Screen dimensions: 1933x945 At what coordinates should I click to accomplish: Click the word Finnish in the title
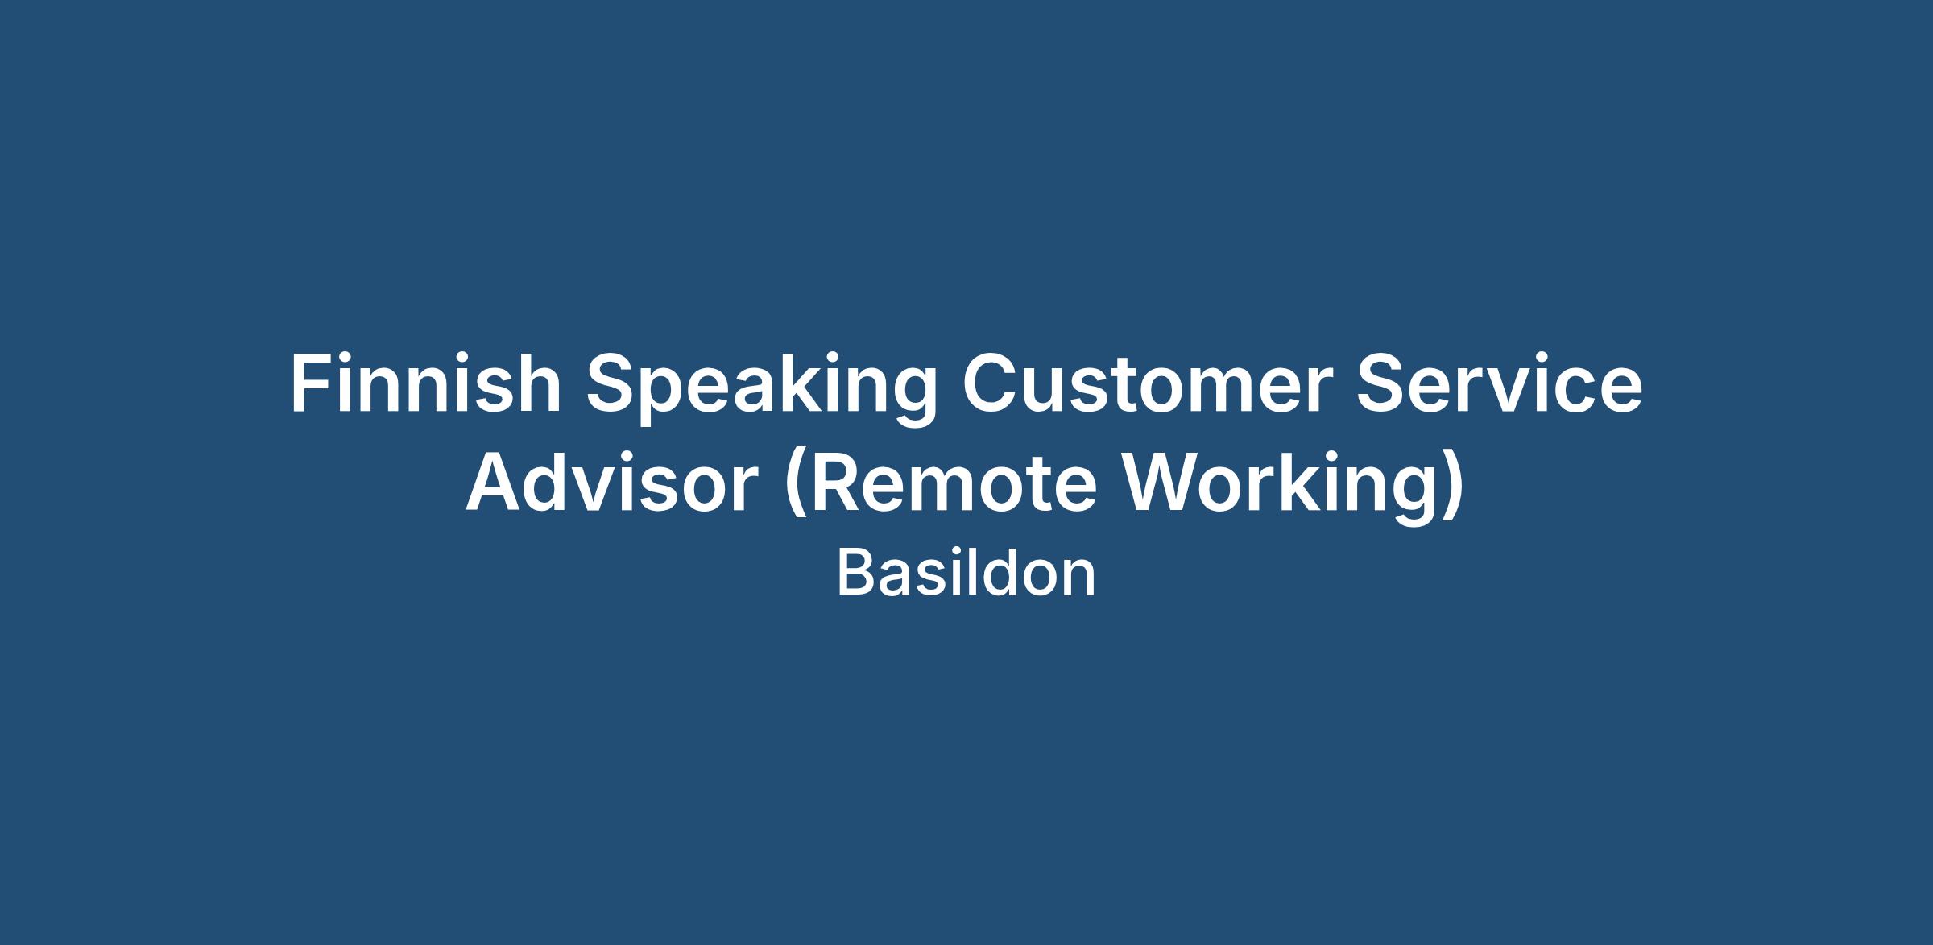click(426, 384)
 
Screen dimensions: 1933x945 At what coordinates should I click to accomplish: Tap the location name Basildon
click(966, 574)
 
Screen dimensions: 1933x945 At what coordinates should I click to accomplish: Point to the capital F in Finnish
click(311, 385)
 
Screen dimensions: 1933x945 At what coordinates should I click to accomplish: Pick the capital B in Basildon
click(856, 574)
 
